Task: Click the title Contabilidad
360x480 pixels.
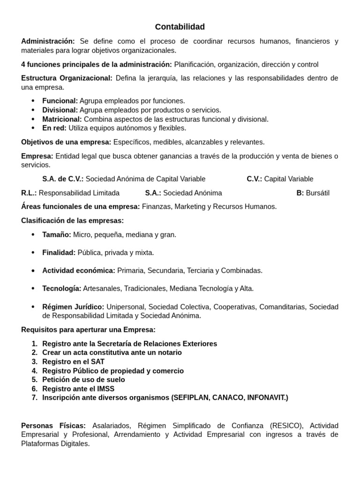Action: [180, 27]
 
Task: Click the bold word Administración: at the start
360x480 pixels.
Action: [48, 41]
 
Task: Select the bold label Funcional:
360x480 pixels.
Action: [60, 101]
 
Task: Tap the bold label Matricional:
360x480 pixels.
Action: [62, 119]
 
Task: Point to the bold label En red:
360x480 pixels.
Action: [54, 128]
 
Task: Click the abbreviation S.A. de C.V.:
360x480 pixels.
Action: [63, 179]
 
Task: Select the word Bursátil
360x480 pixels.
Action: [318, 193]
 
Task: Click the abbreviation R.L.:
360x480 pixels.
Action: [29, 193]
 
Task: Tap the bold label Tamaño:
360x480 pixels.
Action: [57, 235]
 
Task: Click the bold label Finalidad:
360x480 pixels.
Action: [59, 253]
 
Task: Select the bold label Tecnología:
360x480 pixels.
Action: [61, 289]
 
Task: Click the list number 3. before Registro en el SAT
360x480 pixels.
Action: [34, 362]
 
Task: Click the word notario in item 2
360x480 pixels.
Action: [169, 352]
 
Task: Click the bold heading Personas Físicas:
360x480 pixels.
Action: [53, 426]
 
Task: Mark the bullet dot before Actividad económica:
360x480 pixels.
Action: [33, 271]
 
